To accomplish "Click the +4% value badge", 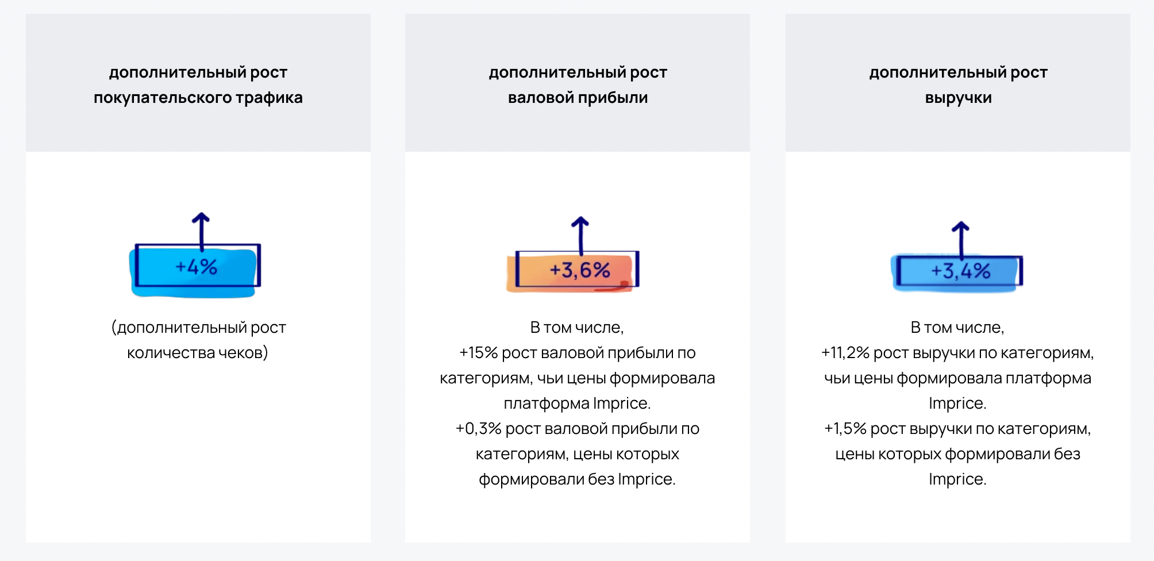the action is point(195,270).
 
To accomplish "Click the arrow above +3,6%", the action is point(580,236).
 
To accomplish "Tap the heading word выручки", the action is point(958,98).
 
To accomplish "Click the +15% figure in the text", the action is point(478,352).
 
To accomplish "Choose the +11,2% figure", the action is point(845,352).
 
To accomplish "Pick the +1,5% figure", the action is point(845,428).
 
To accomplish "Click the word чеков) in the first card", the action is point(243,352).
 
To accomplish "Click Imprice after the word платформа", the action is point(622,403).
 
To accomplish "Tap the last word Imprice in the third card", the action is point(957,479).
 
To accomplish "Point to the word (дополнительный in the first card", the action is point(179,327).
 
